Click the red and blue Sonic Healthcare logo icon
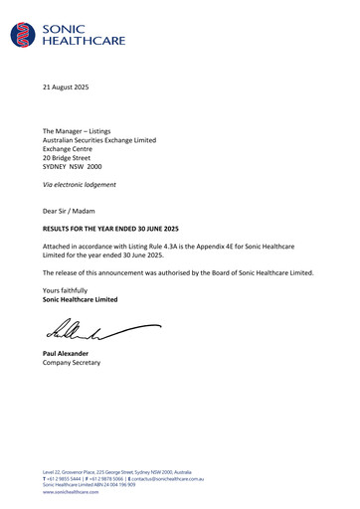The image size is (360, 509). pyautogui.click(x=22, y=36)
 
